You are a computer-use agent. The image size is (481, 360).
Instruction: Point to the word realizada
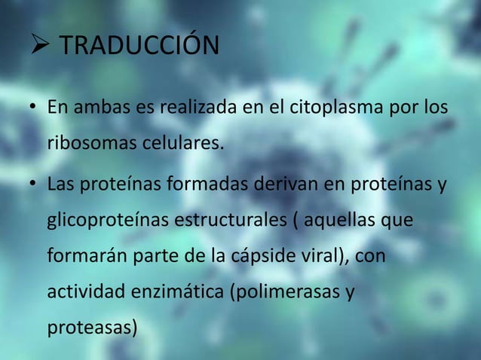tap(203, 110)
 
